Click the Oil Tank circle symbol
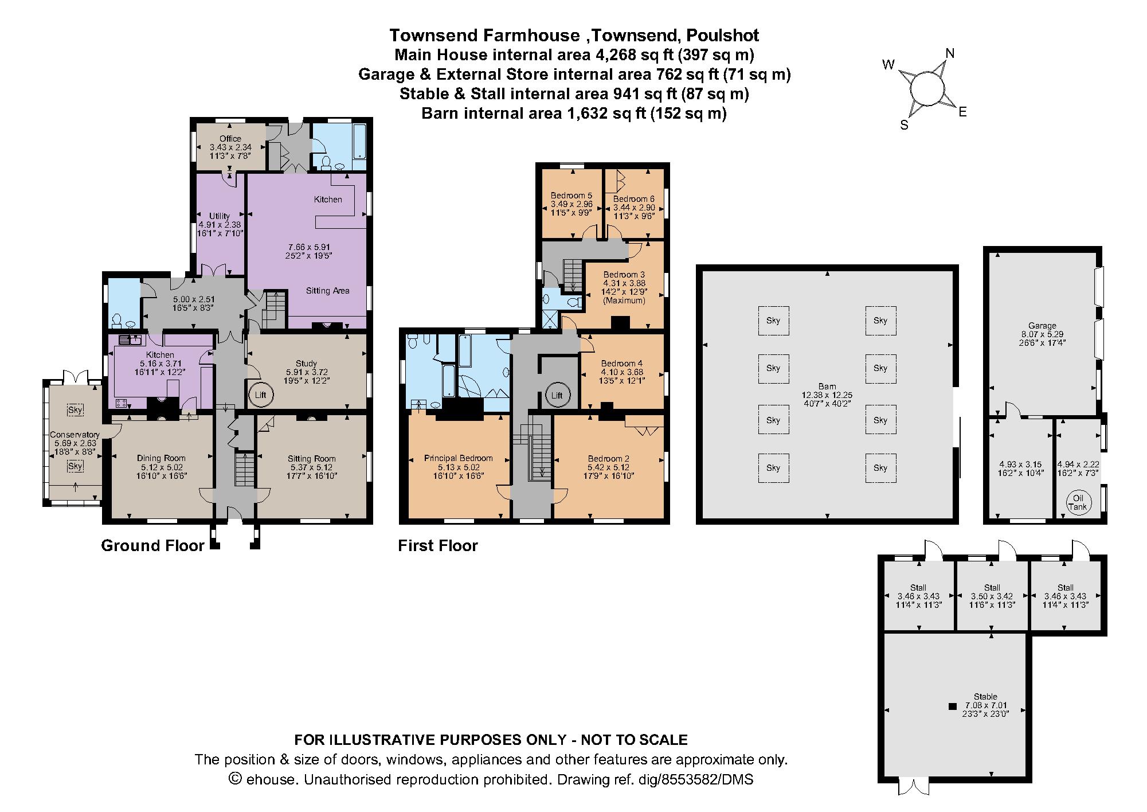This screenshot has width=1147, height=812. click(x=1077, y=503)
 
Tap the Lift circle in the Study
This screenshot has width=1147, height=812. click(x=260, y=395)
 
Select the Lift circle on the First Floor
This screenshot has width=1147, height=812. click(x=557, y=395)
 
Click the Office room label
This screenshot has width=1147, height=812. click(x=230, y=139)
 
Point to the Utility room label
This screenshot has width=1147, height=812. click(x=220, y=216)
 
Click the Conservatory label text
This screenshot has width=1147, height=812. click(x=75, y=435)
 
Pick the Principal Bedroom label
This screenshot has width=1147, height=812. click(x=458, y=458)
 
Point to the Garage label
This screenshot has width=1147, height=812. click(x=1042, y=325)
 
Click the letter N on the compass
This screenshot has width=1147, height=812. click(x=950, y=54)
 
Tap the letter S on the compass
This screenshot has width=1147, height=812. click(x=904, y=126)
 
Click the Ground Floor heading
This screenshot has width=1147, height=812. click(x=152, y=545)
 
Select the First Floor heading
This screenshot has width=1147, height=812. click(x=438, y=545)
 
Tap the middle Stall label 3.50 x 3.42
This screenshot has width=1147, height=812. click(x=992, y=596)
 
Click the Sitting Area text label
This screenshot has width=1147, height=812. click(x=327, y=291)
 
